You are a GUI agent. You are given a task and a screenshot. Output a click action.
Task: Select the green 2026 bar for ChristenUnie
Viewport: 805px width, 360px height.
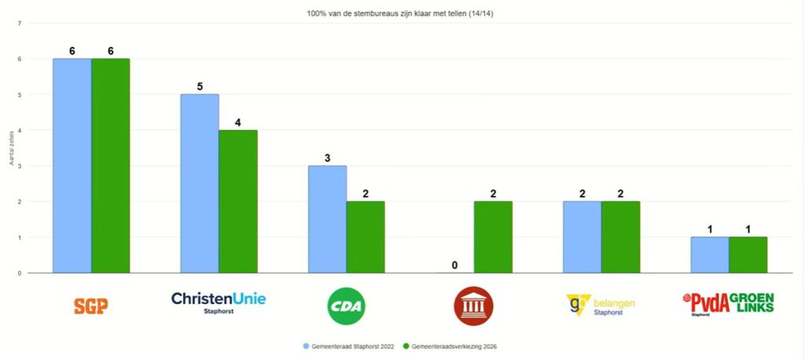coord(238,201)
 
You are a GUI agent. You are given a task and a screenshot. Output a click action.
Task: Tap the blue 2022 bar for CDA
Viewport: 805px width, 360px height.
coord(327,219)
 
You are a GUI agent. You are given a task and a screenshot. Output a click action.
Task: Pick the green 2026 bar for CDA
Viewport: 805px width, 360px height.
coord(366,237)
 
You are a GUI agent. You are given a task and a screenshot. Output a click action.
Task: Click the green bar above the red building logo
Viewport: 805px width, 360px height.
coord(493,237)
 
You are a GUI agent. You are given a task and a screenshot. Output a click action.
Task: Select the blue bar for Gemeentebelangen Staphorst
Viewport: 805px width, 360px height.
coord(583,237)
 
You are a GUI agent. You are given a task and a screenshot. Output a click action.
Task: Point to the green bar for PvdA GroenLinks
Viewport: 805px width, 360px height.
coord(748,255)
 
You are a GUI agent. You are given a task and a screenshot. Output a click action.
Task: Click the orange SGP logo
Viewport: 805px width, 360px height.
coord(90,306)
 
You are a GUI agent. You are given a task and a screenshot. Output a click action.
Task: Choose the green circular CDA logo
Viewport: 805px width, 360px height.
coord(346,306)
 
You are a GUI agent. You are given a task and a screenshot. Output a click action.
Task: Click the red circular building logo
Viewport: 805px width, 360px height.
coord(474,306)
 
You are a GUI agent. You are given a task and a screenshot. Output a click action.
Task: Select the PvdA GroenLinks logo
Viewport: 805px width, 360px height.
coord(728,303)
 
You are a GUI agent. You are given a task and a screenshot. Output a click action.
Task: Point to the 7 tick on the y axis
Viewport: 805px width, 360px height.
coord(19,24)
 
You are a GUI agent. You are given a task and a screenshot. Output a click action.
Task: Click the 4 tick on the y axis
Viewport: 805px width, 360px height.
coord(19,130)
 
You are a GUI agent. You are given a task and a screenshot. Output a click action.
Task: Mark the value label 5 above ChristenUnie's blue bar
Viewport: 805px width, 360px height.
coord(200,86)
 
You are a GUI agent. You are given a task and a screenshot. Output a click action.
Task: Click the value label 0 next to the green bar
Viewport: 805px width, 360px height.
coord(454,265)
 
